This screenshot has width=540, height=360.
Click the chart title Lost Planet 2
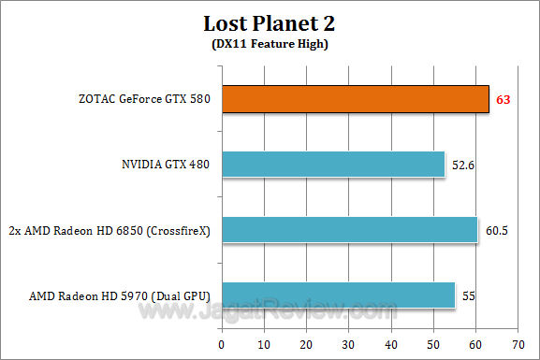click(269, 22)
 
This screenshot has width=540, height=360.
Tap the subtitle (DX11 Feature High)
click(269, 43)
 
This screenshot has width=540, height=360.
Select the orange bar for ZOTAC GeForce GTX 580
click(355, 99)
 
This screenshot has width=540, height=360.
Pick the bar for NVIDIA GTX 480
click(333, 165)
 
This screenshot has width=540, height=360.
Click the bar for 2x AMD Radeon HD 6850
click(349, 230)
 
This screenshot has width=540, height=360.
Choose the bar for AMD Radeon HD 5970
click(338, 295)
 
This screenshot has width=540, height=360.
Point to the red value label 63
click(503, 99)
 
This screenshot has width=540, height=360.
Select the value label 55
click(468, 295)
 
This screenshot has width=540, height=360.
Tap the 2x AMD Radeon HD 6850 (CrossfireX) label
click(109, 231)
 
